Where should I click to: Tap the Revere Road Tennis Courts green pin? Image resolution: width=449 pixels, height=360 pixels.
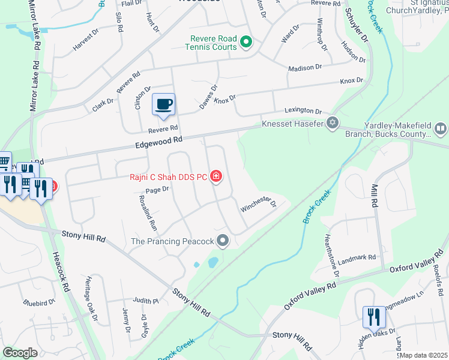tap(246, 42)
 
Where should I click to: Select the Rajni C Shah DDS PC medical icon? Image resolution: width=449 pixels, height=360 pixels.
tap(216, 177)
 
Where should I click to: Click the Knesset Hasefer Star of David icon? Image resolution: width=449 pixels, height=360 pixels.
tap(332, 124)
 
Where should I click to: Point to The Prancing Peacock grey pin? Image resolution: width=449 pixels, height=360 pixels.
tap(223, 241)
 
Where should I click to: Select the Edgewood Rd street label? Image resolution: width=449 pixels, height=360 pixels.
tap(158, 142)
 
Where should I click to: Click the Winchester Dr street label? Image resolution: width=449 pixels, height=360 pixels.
tap(258, 204)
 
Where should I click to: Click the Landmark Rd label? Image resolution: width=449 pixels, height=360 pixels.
tap(357, 259)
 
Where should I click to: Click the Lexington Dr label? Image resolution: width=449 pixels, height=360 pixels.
tap(303, 110)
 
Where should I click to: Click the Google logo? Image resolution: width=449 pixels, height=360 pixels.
tap(19, 353)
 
